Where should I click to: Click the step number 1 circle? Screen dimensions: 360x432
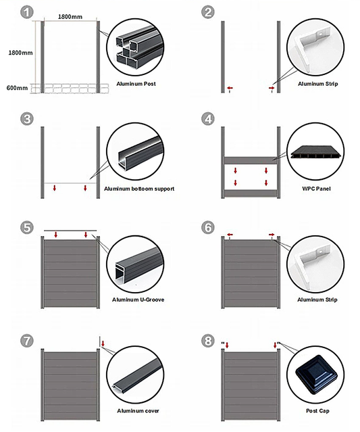[27, 12]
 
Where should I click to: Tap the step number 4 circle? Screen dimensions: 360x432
[208, 119]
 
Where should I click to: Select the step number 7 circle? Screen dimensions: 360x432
[27, 341]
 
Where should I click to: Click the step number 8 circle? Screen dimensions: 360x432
[208, 341]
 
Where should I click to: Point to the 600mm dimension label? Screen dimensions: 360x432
[17, 88]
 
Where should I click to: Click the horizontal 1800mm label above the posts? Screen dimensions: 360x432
[70, 17]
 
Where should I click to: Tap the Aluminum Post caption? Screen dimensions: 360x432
[136, 84]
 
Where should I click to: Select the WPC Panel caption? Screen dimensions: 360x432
[316, 189]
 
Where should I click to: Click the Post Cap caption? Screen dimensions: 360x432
[317, 411]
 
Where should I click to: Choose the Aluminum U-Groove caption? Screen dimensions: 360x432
[138, 299]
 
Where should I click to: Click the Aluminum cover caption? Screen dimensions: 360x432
[138, 411]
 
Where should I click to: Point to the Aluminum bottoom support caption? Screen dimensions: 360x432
[139, 189]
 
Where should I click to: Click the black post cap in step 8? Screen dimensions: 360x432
[316, 374]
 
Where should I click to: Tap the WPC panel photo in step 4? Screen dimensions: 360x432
[316, 153]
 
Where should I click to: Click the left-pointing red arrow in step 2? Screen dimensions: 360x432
[230, 88]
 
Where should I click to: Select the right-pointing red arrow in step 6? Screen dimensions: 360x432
[272, 235]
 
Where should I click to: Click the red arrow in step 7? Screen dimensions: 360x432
[103, 343]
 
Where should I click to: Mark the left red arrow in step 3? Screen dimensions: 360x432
[55, 188]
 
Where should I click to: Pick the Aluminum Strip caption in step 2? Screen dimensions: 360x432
[318, 84]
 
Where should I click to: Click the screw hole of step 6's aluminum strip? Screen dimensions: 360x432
[321, 252]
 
